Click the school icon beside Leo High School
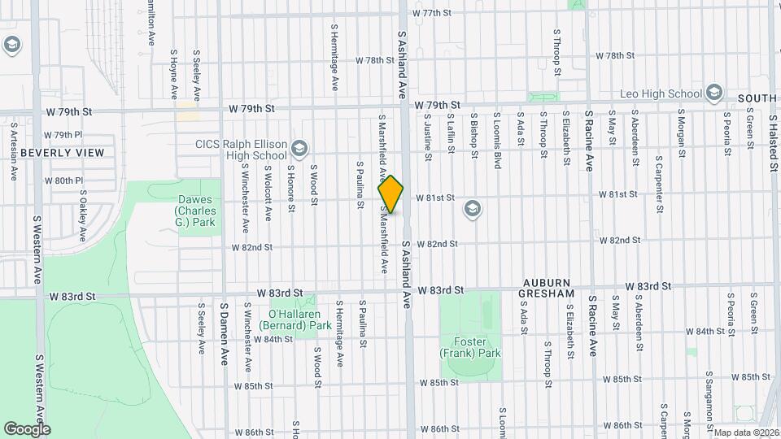(x=715, y=92)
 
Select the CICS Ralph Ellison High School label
(x=241, y=150)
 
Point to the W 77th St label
(x=431, y=13)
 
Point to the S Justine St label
(x=427, y=139)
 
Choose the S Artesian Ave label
(x=14, y=151)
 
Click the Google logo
(x=27, y=428)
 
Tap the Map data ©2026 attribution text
(x=746, y=432)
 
